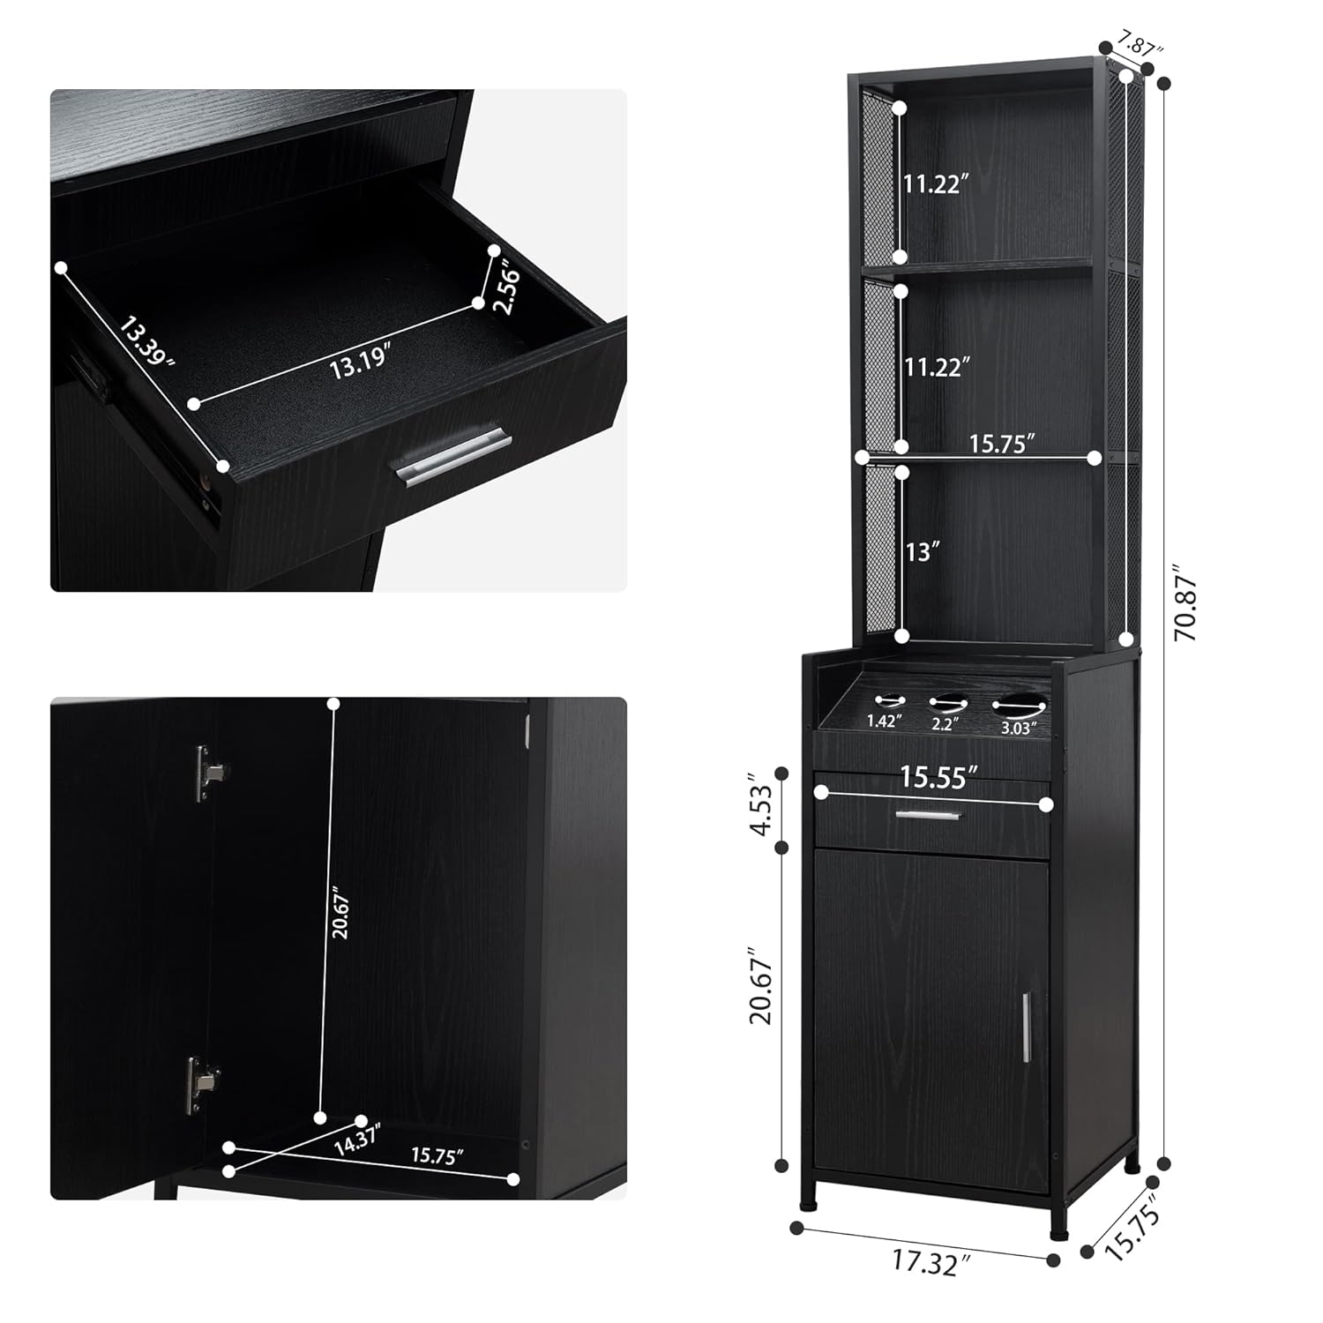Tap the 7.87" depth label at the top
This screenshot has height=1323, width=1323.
coord(1139,42)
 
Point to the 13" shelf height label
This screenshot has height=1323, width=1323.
coord(923,552)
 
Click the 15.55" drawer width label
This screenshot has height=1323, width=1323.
coord(938,777)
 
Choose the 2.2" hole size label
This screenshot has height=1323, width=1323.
coord(946,724)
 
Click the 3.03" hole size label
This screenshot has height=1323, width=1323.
coord(1018,728)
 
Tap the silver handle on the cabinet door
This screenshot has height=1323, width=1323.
coord(1027,1027)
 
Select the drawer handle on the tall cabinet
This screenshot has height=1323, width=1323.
coord(927,815)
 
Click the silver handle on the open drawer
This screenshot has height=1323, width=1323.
coord(452,456)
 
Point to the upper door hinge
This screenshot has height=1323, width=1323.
coord(208,773)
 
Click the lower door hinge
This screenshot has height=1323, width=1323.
coord(202,1083)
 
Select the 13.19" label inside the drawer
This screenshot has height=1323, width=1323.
coord(360,363)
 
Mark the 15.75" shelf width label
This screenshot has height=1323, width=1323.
coord(1001,443)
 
